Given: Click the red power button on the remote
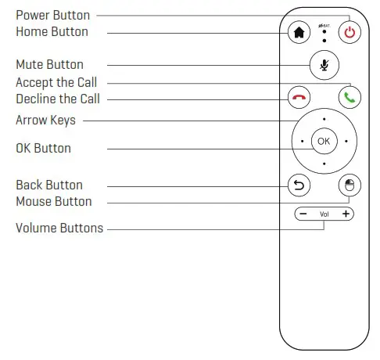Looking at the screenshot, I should pyautogui.click(x=350, y=33).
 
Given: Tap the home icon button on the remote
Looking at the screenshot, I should pyautogui.click(x=298, y=33).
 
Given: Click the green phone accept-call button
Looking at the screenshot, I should pyautogui.click(x=350, y=98).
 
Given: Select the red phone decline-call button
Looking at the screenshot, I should pyautogui.click(x=298, y=98).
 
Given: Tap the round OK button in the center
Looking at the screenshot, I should pyautogui.click(x=324, y=142).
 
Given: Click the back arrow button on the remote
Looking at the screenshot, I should pyautogui.click(x=298, y=185).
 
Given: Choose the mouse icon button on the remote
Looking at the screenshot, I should pyautogui.click(x=350, y=185).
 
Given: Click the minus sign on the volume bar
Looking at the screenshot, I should pyautogui.click(x=302, y=214).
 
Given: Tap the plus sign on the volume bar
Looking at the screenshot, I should pyautogui.click(x=346, y=214).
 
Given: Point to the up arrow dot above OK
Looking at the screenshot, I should pyautogui.click(x=324, y=119).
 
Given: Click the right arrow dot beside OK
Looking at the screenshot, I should pyautogui.click(x=346, y=142).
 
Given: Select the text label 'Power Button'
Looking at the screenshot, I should pyautogui.click(x=52, y=15).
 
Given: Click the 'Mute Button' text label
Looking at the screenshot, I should pyautogui.click(x=49, y=64).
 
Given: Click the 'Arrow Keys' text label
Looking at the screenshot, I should pyautogui.click(x=46, y=121).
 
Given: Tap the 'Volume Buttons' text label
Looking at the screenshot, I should pyautogui.click(x=59, y=229).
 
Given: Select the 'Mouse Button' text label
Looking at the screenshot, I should pyautogui.click(x=53, y=202).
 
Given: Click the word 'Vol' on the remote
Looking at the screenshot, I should pyautogui.click(x=324, y=214).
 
